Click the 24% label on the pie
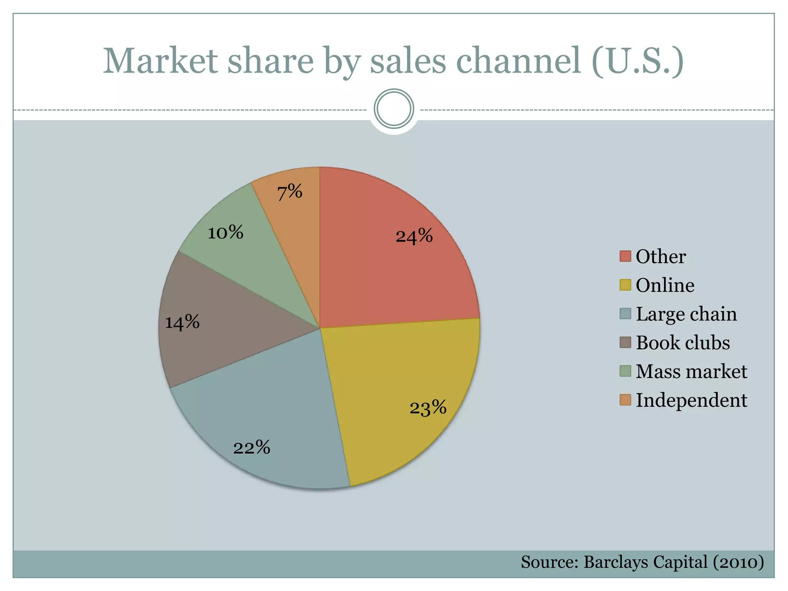[x=414, y=236]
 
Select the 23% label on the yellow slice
[x=428, y=407]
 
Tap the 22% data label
[x=252, y=447]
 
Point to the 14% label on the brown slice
[x=182, y=322]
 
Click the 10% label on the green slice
[x=225, y=232]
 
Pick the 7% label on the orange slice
[x=290, y=192]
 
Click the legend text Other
[x=660, y=256]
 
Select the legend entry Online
[x=664, y=285]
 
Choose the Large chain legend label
[x=686, y=314]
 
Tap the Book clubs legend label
[x=683, y=342]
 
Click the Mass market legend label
[x=691, y=371]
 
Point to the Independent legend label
[x=691, y=400]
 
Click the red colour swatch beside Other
[x=625, y=256]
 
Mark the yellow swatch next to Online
[x=625, y=285]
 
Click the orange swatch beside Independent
[x=625, y=400]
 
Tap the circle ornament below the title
[x=394, y=109]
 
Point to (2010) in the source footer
[x=738, y=562]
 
